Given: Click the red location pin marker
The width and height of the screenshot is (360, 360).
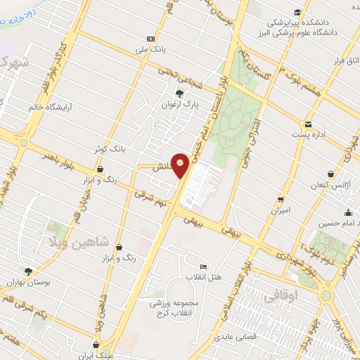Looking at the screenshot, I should (181, 165).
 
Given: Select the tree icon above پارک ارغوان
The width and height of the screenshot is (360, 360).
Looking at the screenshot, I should (179, 93).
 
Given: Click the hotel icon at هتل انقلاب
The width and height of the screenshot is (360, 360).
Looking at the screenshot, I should (204, 267).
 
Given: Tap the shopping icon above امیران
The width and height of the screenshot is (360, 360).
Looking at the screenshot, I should (281, 199).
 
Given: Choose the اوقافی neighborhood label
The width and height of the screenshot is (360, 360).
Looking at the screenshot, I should (283, 297).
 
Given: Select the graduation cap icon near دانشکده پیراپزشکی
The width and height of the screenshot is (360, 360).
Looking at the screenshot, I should (297, 12).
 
